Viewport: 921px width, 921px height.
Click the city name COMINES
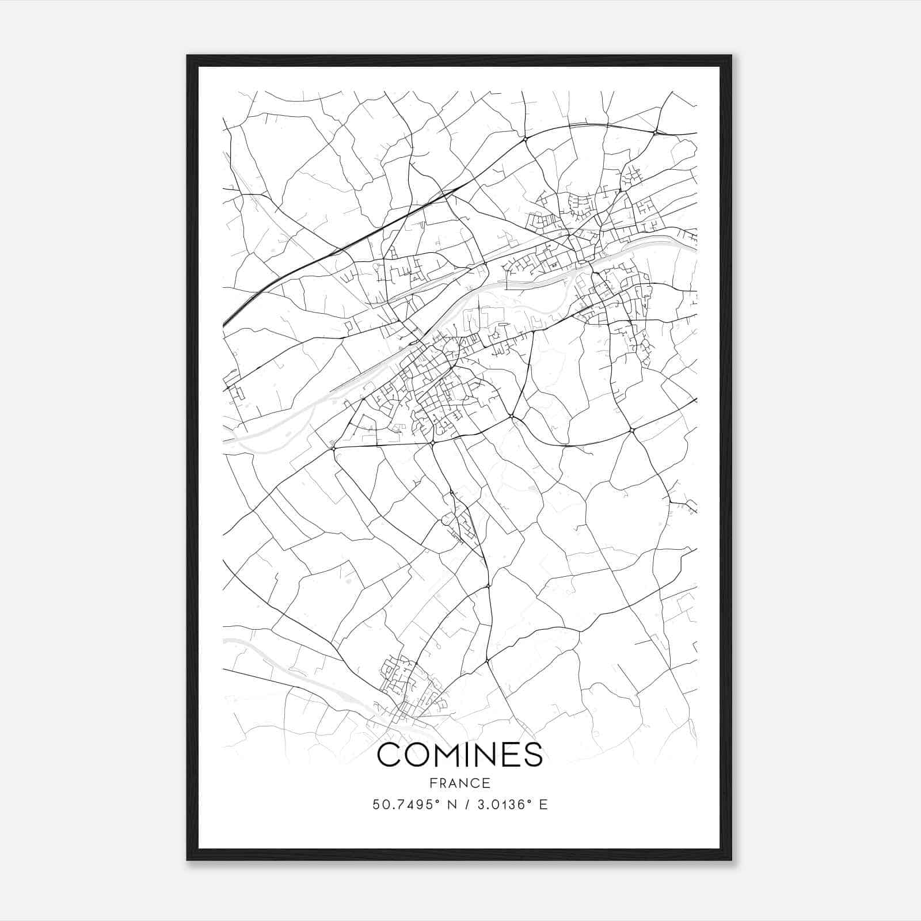[x=459, y=755]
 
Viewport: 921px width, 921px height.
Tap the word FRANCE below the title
[x=459, y=783]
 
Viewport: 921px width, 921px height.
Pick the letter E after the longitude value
[x=543, y=804]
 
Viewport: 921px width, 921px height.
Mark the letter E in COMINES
[x=512, y=755]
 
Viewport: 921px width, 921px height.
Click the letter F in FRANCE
[x=431, y=783]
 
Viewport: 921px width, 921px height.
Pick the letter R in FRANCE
[x=442, y=783]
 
